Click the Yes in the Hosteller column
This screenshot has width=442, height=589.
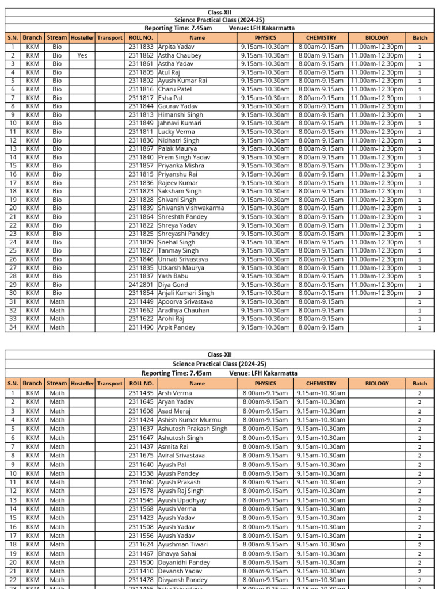tap(82, 56)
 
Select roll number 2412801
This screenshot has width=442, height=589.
tap(141, 285)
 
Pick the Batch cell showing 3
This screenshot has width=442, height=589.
tap(420, 293)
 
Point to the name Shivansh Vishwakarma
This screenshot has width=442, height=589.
tap(191, 208)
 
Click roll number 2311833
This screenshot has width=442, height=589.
tap(141, 47)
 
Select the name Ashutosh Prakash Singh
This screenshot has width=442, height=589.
tap(193, 429)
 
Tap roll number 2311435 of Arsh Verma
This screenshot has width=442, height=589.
tap(141, 393)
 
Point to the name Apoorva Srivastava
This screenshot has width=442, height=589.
tap(185, 301)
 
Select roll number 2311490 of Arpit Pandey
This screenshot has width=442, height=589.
tap(141, 327)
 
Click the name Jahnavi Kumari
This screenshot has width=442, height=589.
tap(180, 123)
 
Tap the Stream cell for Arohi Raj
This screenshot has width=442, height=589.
tap(57, 319)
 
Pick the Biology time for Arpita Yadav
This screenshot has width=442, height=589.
tap(377, 47)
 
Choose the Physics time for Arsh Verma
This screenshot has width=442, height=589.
tap(265, 393)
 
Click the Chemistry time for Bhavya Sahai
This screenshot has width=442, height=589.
tap(321, 553)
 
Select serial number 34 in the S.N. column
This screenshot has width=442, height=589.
tap(13, 327)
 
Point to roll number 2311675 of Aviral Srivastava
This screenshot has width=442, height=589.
tap(141, 455)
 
